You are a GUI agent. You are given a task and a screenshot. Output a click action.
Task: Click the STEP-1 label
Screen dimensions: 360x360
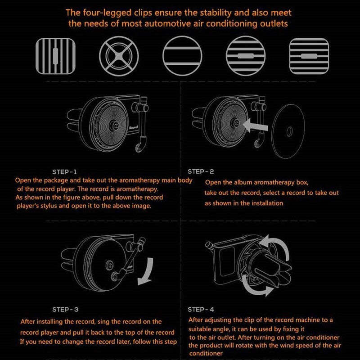pos(64,172)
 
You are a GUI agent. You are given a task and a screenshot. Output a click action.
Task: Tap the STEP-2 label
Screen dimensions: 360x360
pos(201,171)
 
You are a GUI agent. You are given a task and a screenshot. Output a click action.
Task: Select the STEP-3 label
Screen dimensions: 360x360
pos(65,310)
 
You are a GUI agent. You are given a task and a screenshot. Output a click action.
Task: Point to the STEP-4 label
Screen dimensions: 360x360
pos(201,310)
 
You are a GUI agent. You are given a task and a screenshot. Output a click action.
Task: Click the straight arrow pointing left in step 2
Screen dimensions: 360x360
pos(255,126)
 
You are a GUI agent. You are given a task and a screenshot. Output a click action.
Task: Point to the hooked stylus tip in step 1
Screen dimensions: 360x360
pos(139,148)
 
